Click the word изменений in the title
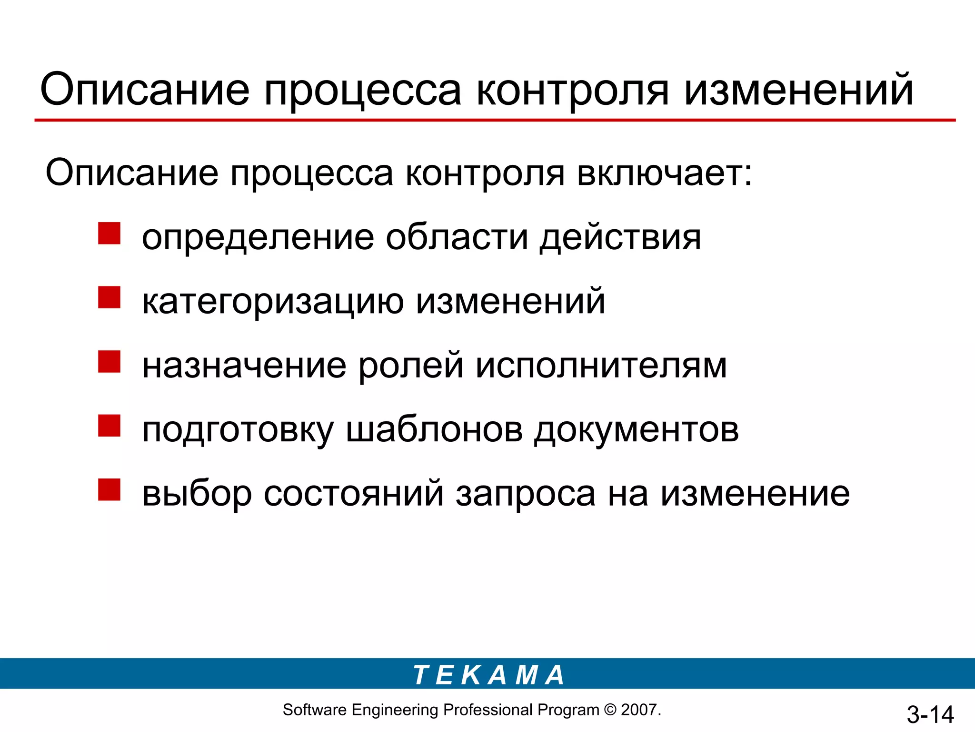tap(799, 90)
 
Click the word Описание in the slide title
tap(145, 90)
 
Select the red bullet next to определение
tap(109, 234)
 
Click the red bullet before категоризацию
tap(109, 297)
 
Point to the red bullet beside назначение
tap(109, 362)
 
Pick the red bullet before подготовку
tap(109, 426)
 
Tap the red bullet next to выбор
tap(109, 489)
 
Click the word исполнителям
tap(601, 366)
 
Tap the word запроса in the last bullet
tap(526, 494)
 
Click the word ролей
tap(410, 366)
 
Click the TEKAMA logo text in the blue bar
tap(488, 675)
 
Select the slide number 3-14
tap(930, 714)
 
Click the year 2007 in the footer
tap(639, 710)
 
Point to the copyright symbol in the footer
tap(609, 710)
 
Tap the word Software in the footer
tap(314, 710)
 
